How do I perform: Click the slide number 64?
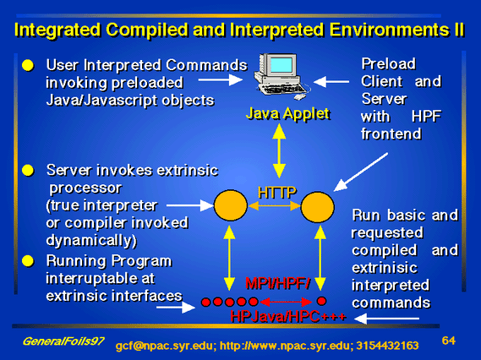point(449,341)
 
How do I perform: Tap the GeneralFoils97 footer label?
point(63,341)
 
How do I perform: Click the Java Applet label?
point(287,114)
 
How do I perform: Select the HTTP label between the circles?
point(277,193)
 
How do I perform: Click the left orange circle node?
point(231,205)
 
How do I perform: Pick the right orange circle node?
point(318,207)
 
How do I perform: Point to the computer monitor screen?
point(281,65)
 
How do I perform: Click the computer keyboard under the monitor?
point(282,89)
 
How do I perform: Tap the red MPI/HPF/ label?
point(278,283)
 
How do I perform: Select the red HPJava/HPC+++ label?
point(288,316)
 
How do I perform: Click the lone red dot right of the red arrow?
point(321,301)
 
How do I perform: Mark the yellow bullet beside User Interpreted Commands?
point(28,65)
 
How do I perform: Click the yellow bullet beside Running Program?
point(28,261)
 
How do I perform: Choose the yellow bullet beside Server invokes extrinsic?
point(28,171)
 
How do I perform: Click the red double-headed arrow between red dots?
point(287,302)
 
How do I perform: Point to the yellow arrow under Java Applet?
point(279,150)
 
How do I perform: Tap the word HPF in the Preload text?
point(426,117)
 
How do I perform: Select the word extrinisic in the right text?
point(385,268)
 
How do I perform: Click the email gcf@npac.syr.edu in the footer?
point(163,346)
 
